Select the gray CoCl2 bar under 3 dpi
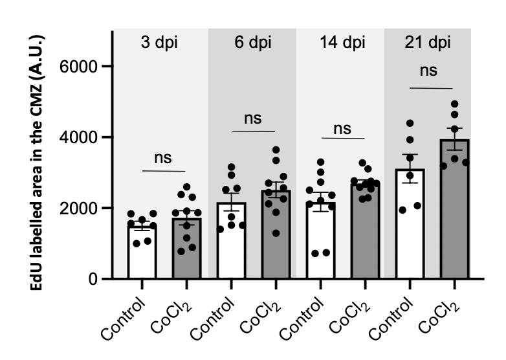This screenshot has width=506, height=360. (x=186, y=249)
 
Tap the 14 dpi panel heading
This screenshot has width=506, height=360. (x=340, y=43)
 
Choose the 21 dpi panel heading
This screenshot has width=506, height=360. (x=428, y=43)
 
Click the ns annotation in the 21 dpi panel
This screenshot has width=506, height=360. (x=428, y=70)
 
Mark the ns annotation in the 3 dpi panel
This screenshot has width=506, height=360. (x=164, y=158)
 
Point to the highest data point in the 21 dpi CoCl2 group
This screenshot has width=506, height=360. (x=454, y=104)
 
